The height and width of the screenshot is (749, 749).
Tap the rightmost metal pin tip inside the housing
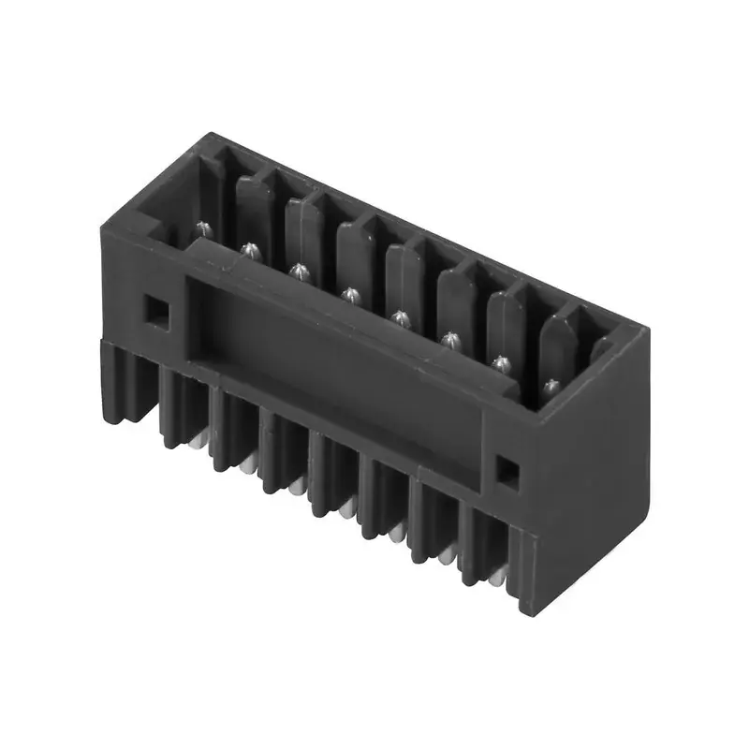(551, 384)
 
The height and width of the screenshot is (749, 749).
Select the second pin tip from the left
(250, 249)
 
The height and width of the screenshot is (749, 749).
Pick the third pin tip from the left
(300, 272)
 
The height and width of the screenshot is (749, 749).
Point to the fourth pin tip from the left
(350, 295)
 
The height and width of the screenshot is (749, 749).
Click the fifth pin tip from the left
(401, 317)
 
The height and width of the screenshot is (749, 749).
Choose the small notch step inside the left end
(150, 225)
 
